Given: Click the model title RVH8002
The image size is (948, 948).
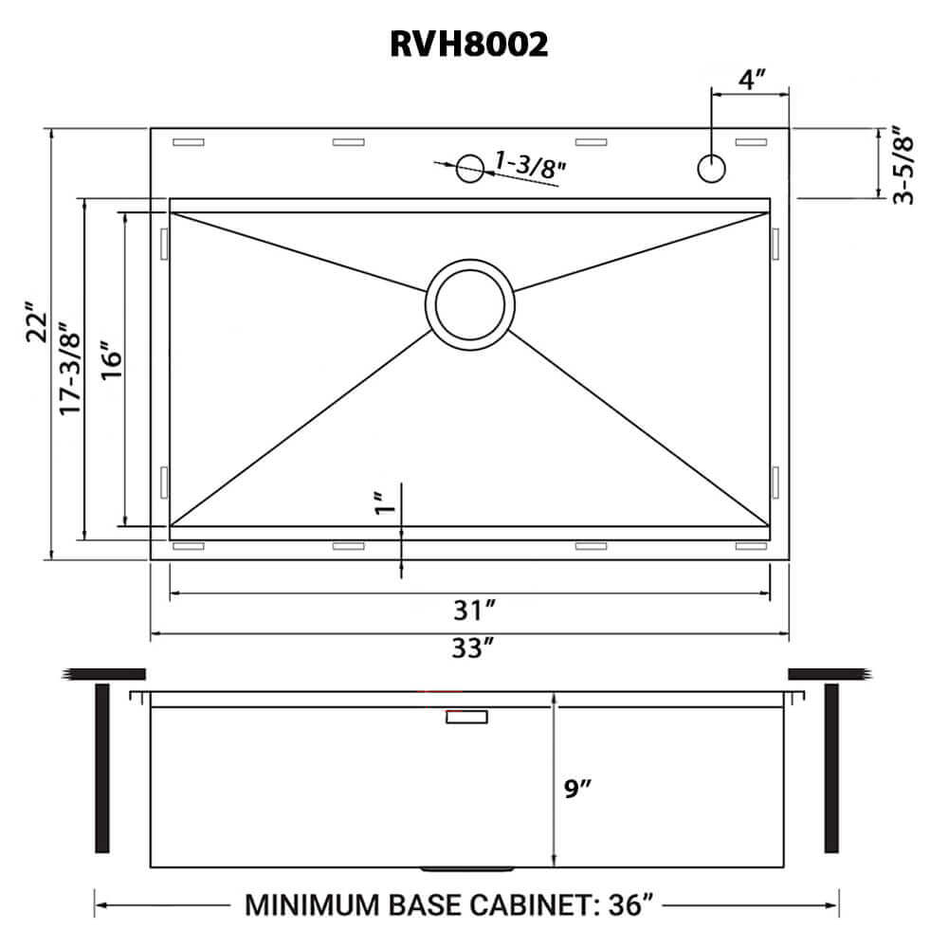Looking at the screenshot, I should coord(469,44).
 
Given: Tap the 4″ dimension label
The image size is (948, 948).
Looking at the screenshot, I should coord(753,79).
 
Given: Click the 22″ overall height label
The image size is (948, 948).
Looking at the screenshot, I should coord(35,322).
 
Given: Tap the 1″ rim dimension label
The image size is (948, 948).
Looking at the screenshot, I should coord(382,503).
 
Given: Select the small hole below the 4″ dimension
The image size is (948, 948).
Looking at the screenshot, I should coord(711,169).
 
